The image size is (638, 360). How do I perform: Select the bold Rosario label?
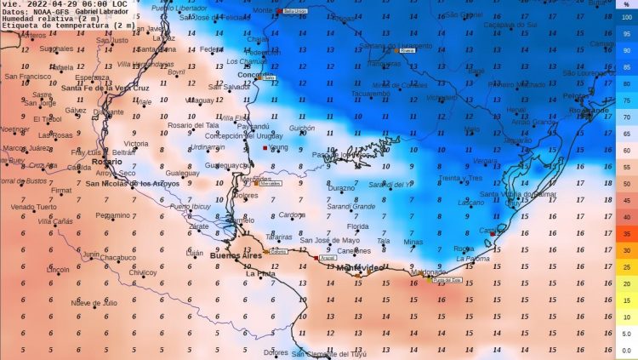(x=107, y=161)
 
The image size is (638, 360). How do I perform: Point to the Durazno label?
(x=342, y=187)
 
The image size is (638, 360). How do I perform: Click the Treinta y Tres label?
(x=460, y=178)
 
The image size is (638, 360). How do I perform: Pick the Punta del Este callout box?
(x=447, y=279)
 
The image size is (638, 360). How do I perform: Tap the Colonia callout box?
(x=277, y=252)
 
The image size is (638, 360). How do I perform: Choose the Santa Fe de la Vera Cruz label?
(x=105, y=88)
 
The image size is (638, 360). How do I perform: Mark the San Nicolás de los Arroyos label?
(x=133, y=183)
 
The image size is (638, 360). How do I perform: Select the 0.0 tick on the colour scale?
(x=626, y=350)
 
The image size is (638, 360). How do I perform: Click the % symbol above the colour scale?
(x=627, y=4)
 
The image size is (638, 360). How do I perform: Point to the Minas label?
(x=413, y=242)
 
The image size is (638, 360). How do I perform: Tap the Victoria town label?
(x=136, y=144)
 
